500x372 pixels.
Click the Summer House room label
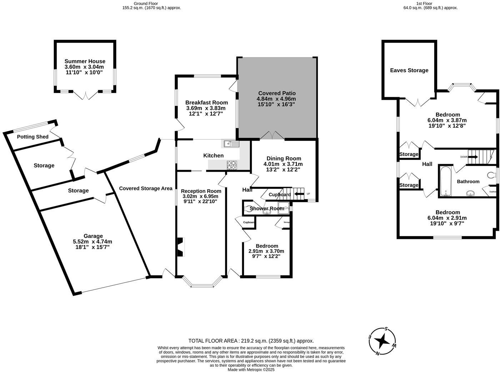click(85, 62)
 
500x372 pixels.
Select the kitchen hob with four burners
click(231, 165)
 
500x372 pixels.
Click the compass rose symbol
click(382, 342)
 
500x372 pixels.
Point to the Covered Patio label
click(277, 93)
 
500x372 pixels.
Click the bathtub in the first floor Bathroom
click(446, 181)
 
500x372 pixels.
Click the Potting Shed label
click(33, 137)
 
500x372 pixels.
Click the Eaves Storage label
click(409, 70)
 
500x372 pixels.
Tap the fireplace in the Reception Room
click(180, 247)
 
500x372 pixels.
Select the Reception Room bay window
click(202, 285)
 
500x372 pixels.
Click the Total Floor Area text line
click(251, 341)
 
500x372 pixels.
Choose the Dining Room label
click(284, 158)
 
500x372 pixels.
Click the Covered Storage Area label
click(146, 189)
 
